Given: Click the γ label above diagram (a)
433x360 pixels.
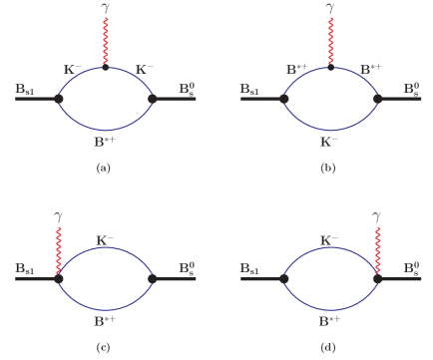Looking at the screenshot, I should [106, 8].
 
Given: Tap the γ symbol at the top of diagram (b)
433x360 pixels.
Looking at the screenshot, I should [329, 8].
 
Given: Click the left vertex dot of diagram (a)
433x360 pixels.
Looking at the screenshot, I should [59, 99].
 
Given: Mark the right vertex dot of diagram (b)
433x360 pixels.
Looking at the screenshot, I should [377, 99].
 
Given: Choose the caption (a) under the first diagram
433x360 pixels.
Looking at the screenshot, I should [103, 168].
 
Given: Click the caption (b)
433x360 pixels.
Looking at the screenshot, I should [327, 168].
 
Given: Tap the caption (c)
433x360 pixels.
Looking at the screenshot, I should [103, 347].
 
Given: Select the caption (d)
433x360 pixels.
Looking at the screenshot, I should [327, 347].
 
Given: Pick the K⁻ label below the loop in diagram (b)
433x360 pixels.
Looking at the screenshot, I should [328, 142].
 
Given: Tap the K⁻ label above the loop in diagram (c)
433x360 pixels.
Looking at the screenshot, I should [105, 239].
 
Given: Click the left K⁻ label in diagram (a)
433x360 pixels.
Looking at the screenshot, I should [73, 69].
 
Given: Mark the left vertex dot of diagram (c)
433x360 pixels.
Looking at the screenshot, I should [59, 278].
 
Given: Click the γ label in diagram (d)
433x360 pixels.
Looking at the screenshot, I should [376, 216].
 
